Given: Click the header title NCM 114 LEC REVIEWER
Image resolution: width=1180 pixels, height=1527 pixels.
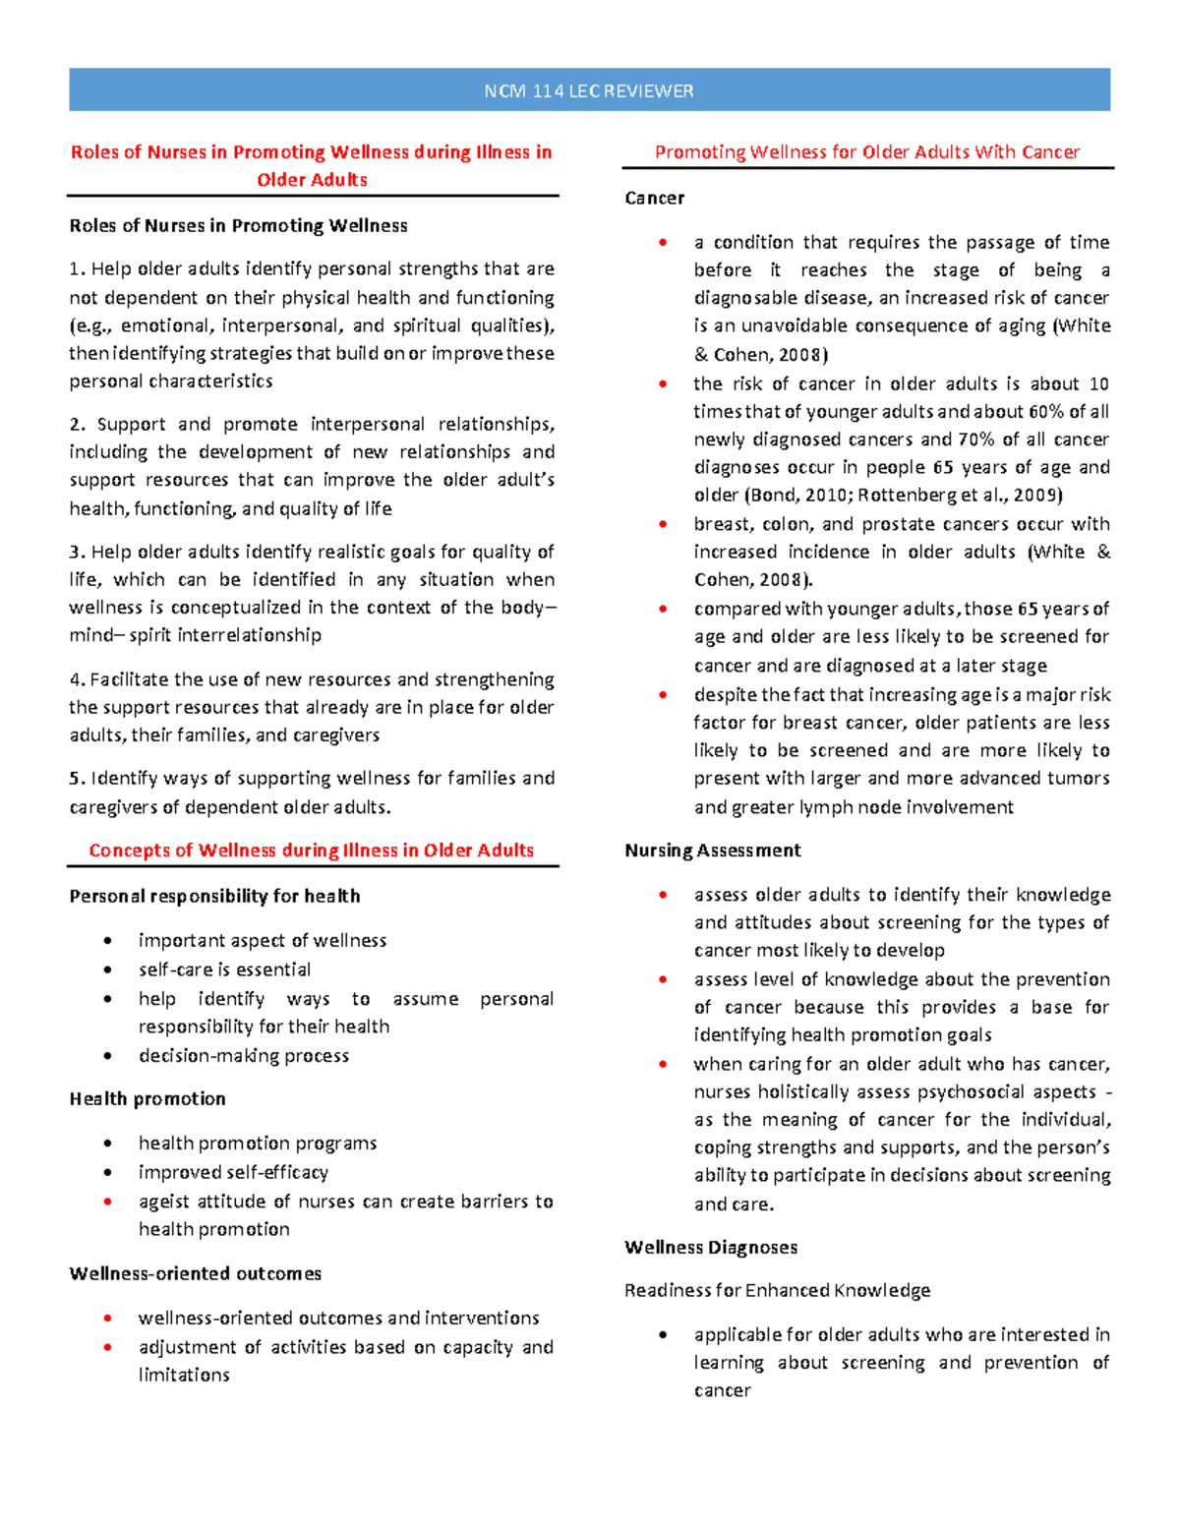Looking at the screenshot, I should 588,91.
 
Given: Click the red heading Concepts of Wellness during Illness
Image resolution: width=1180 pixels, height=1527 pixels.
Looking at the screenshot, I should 311,851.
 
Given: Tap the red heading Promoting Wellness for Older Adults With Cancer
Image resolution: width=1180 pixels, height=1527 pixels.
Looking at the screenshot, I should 866,152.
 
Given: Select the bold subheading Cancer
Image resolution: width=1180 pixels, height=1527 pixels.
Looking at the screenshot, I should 654,198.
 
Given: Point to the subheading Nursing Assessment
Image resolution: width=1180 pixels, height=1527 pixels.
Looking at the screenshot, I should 712,851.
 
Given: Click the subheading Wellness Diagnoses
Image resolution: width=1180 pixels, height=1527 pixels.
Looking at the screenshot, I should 710,1248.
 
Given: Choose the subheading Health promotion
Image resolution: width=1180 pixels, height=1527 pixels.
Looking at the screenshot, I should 147,1099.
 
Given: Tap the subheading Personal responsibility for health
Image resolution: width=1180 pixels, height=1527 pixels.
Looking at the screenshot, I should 214,897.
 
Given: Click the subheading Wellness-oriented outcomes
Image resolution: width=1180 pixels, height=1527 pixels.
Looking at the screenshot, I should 195,1274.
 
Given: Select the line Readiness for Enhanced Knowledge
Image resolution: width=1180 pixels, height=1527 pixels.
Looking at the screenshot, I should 777,1291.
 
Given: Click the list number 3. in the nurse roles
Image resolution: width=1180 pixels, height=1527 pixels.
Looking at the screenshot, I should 77,553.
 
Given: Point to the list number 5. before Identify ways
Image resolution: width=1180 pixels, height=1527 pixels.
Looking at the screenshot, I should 77,779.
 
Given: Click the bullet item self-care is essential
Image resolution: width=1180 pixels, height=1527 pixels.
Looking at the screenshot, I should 224,970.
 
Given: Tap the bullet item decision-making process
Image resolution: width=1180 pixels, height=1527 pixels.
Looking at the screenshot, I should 244,1056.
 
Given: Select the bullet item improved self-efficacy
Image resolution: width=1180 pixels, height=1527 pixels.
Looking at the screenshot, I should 233,1173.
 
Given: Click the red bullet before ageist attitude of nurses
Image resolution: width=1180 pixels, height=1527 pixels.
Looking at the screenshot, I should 107,1202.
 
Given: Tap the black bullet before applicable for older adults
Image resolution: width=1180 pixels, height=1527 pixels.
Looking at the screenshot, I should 663,1335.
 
